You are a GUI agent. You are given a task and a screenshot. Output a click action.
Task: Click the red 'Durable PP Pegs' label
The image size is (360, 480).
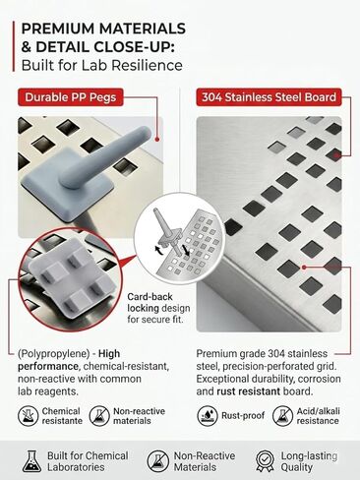(71, 97)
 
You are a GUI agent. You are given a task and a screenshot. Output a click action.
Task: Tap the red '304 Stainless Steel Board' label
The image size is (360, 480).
(269, 97)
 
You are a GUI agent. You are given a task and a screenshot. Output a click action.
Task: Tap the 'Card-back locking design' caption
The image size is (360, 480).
(158, 308)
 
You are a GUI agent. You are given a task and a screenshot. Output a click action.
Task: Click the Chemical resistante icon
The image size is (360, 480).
(28, 416)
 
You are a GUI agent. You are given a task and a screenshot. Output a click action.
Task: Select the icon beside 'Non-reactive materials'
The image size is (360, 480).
(99, 416)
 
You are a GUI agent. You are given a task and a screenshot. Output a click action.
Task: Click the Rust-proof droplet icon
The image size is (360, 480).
(208, 416)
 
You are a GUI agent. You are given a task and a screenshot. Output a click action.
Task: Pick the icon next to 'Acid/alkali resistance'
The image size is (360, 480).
(282, 416)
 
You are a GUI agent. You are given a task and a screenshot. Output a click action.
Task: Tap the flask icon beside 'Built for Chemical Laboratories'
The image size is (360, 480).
(31, 461)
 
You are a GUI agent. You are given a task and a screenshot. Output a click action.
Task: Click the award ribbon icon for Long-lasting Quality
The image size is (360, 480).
(265, 461)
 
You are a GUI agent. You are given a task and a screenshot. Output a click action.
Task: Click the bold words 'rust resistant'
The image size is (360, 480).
(249, 391)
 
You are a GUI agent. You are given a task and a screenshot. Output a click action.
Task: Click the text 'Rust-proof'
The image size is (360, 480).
(243, 415)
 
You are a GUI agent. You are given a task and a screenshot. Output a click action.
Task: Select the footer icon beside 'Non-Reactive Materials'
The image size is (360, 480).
(157, 461)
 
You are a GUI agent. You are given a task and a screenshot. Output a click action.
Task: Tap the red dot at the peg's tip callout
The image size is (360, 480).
(157, 140)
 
